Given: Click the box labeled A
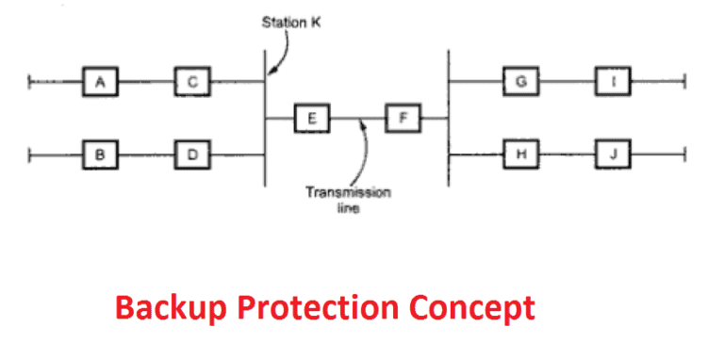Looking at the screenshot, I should click(100, 83).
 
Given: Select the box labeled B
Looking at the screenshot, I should click(100, 154).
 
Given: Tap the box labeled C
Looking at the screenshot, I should click(192, 83).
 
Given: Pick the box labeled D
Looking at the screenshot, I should click(192, 154).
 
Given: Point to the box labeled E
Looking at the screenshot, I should click(311, 119).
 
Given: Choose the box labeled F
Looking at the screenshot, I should click(403, 119).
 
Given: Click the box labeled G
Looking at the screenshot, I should click(520, 83).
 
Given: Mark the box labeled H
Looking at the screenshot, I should click(520, 153).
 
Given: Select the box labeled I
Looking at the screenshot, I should click(613, 83).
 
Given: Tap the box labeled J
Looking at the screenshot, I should click(613, 153).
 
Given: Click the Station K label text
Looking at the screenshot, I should click(289, 21).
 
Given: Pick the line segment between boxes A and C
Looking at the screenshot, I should click(146, 83).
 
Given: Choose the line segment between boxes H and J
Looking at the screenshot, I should click(567, 153).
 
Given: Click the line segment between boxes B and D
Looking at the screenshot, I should click(146, 154).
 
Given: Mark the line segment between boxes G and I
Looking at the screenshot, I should click(567, 83).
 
